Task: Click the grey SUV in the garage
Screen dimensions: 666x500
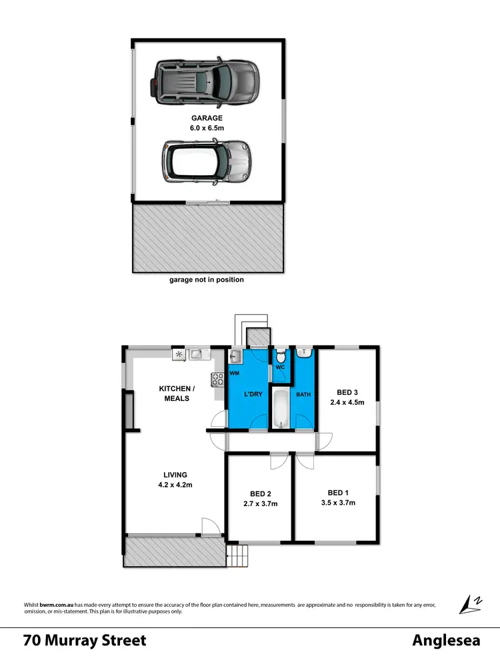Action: (207, 82)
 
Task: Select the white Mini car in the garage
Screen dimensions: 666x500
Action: (205, 162)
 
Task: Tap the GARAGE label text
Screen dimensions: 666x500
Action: (207, 118)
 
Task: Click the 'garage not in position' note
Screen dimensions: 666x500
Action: (207, 280)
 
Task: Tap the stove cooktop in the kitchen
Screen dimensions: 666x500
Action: (218, 380)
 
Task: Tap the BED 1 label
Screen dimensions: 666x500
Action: (337, 493)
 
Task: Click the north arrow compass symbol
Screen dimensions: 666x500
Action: (471, 603)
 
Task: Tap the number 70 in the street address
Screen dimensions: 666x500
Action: (31, 641)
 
